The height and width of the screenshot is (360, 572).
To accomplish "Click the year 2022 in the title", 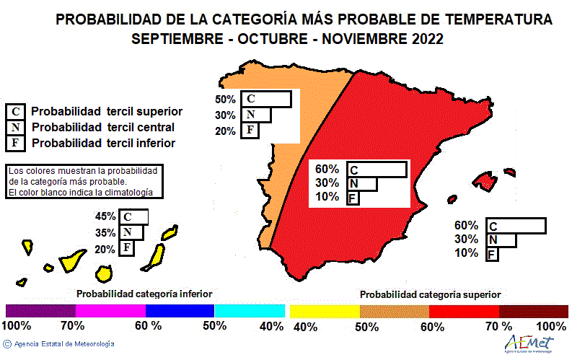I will [423, 39].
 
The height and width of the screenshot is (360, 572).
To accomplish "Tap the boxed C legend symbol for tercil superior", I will [15, 112].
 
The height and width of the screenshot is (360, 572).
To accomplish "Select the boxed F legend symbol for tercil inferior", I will [15, 142].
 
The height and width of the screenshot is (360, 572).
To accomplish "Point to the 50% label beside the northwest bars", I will [226, 100].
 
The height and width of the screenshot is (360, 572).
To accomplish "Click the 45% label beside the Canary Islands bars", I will [105, 216].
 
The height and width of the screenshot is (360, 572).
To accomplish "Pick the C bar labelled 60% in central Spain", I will [377, 170].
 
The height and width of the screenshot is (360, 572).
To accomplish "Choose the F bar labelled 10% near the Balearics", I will [492, 254].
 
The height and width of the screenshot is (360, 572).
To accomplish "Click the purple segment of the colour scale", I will [40, 310].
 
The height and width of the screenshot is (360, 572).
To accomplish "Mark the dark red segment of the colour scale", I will [533, 310].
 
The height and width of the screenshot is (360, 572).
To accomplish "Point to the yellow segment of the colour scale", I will [325, 310].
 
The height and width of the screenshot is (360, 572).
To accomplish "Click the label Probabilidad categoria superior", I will [430, 294].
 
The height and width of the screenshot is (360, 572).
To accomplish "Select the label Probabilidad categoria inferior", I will [144, 294].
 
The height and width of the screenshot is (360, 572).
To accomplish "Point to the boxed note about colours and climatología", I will [84, 181].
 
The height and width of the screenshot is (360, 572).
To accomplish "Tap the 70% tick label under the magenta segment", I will [72, 326].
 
